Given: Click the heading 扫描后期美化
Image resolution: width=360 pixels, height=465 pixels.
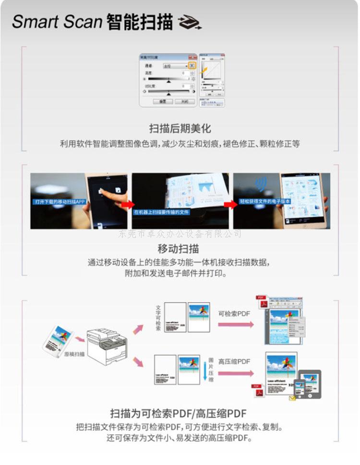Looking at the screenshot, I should [x=180, y=128].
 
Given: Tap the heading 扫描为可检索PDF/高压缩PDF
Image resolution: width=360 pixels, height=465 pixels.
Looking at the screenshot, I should [x=180, y=413].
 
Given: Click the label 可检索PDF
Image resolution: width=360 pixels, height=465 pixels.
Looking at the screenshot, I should [x=235, y=313].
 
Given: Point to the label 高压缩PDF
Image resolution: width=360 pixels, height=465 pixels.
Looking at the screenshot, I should [x=235, y=361].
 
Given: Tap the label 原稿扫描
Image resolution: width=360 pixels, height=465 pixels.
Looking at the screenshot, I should [x=75, y=354].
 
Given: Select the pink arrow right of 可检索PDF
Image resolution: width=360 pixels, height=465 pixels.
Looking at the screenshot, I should [x=236, y=325].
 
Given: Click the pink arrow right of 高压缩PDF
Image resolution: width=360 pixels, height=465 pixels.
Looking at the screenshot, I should [x=236, y=373].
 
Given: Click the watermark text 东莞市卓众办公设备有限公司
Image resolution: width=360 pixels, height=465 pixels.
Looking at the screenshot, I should [x=180, y=234].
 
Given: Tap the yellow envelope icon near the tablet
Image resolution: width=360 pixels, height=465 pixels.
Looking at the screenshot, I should [x=292, y=398].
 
